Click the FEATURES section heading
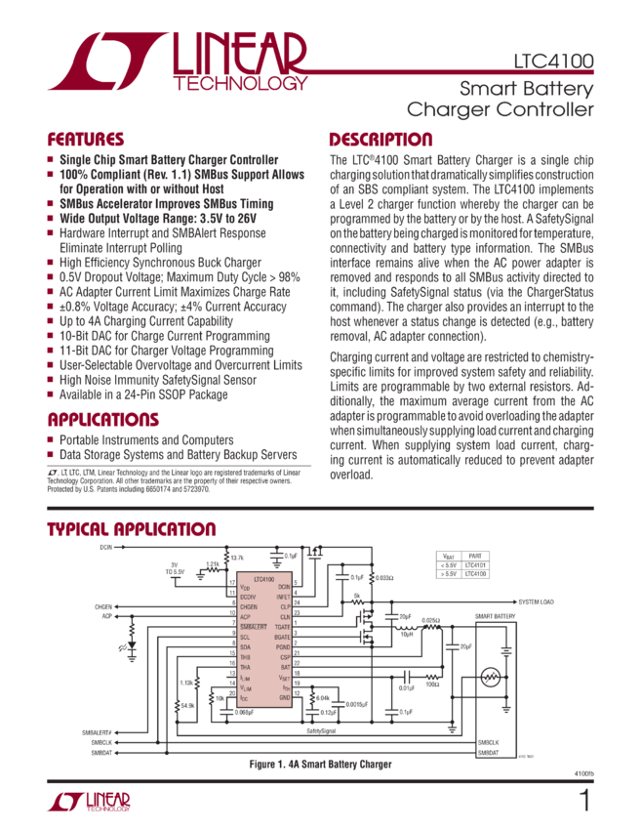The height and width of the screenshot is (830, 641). pyautogui.click(x=87, y=139)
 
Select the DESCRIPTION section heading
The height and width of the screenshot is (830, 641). pyautogui.click(x=381, y=139)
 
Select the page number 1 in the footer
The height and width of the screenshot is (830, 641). pyautogui.click(x=584, y=802)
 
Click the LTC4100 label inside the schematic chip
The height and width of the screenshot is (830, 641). pyautogui.click(x=259, y=577)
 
